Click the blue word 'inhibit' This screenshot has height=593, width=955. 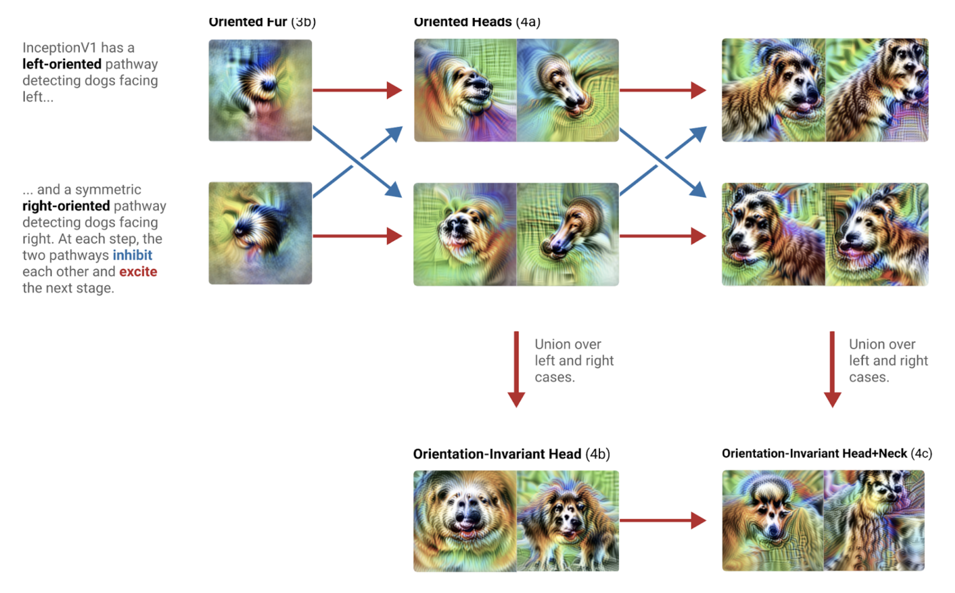click(x=132, y=255)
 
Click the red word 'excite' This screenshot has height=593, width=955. click(x=138, y=272)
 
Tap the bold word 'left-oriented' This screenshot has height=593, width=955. click(x=62, y=64)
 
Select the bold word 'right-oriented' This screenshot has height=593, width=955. click(x=66, y=206)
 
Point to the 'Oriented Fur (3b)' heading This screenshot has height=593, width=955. click(x=262, y=22)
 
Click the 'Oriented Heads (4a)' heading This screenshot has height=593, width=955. click(x=477, y=22)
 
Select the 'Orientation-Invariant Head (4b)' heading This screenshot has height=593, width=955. click(x=511, y=453)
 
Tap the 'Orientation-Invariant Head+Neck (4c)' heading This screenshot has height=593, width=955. click(x=827, y=453)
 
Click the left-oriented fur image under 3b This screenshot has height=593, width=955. click(x=260, y=90)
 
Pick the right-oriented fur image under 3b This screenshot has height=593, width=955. click(x=260, y=233)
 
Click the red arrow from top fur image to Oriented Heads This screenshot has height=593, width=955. click(x=357, y=90)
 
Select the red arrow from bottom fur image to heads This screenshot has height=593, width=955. click(x=357, y=236)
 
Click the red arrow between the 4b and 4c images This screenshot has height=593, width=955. click(x=662, y=520)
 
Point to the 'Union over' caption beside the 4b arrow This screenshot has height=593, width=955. click(x=568, y=344)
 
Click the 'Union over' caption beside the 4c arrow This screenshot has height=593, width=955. click(x=882, y=344)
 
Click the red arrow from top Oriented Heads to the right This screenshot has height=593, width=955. click(x=662, y=90)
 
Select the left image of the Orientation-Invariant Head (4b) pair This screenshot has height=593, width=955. click(x=465, y=521)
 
